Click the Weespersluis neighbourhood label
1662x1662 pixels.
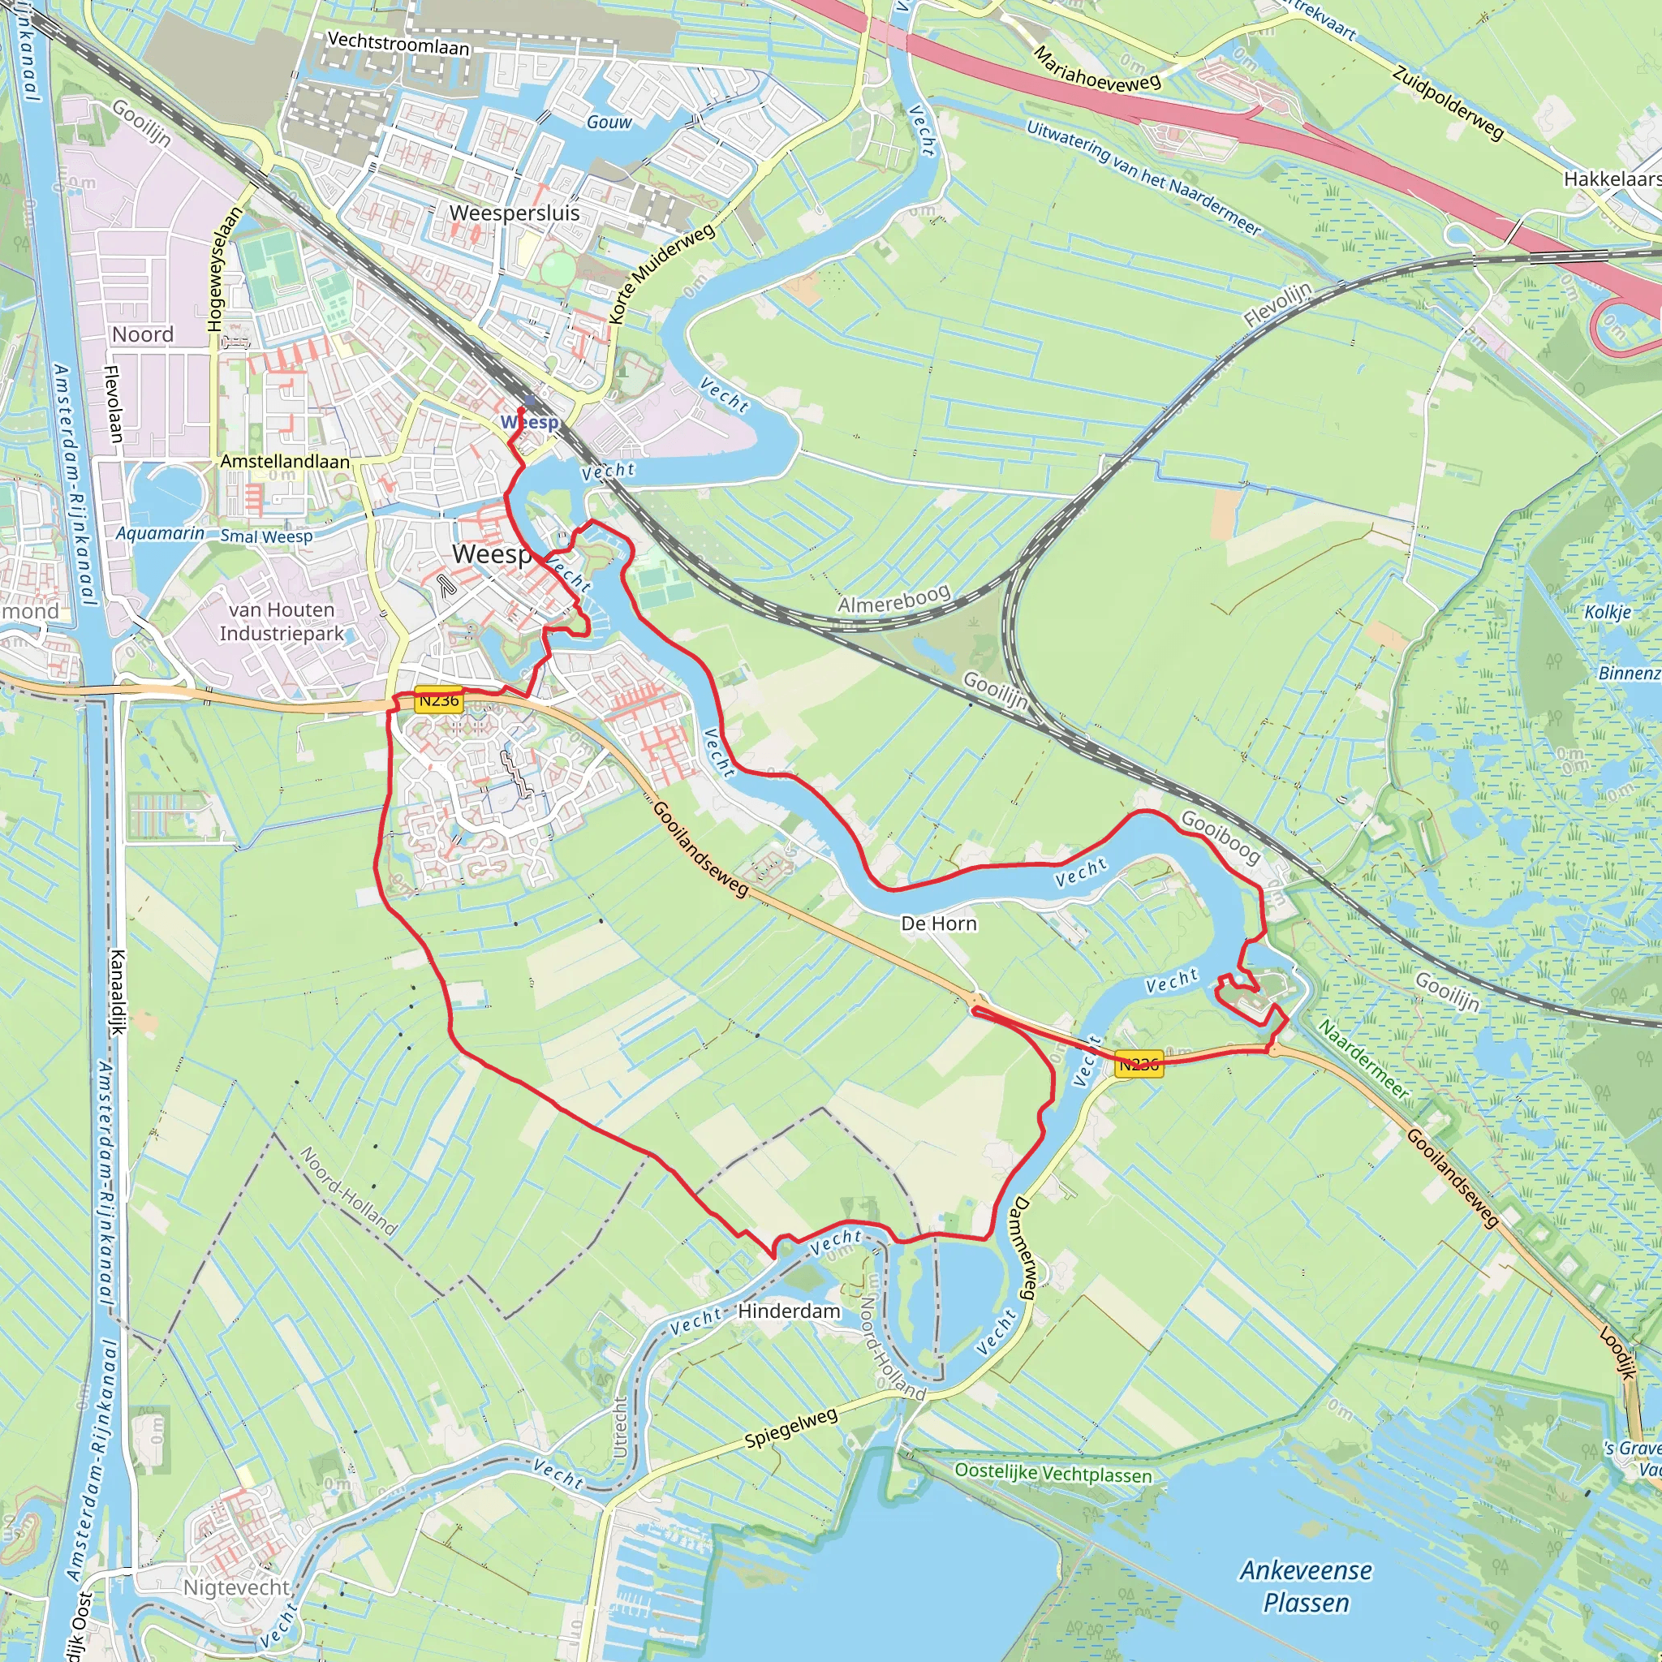(x=515, y=213)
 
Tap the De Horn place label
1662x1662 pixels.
(x=939, y=924)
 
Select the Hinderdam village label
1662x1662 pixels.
(x=789, y=1311)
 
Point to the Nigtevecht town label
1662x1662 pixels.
(x=237, y=1587)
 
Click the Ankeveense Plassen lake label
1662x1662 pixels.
(x=1306, y=1587)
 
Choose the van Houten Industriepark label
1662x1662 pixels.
(x=282, y=622)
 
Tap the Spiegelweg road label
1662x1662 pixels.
(x=791, y=1427)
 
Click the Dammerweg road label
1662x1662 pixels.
(x=1023, y=1247)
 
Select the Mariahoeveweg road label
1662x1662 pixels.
(x=1097, y=69)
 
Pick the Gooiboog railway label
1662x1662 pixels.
(x=1221, y=836)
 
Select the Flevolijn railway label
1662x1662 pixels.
(x=1277, y=304)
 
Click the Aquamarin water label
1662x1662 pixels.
(x=160, y=533)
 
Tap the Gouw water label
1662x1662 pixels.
(x=609, y=123)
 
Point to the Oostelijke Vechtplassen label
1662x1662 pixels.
(x=1053, y=1474)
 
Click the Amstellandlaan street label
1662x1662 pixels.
(x=285, y=462)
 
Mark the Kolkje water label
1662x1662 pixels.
(x=1608, y=613)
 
